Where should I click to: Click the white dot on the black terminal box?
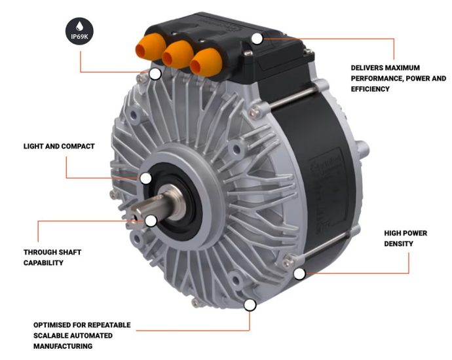click(257, 39)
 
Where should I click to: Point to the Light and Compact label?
click(59, 147)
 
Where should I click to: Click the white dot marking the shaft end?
click(151, 221)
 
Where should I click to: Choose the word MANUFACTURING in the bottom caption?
click(64, 346)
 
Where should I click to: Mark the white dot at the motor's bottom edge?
click(250, 305)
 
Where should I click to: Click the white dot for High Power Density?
click(299, 274)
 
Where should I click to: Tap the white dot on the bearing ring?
click(146, 177)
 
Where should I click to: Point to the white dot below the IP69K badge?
click(155, 73)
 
